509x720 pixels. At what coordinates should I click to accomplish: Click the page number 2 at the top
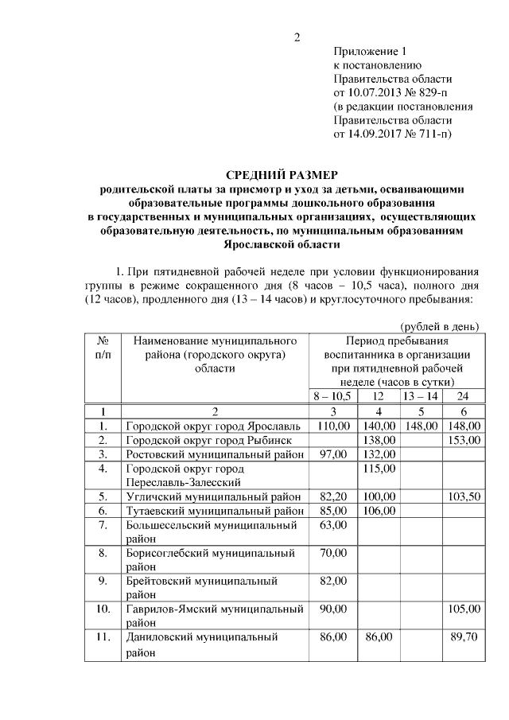(297, 37)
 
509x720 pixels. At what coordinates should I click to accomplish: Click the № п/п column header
(103, 347)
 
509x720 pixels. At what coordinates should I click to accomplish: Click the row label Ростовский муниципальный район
(214, 454)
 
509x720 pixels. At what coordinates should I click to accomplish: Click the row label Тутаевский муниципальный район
(214, 511)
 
